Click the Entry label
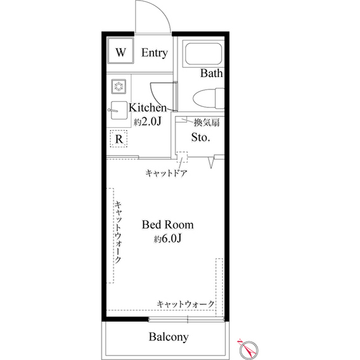click(154, 53)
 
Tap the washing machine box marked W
click(120, 52)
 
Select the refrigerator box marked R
click(119, 138)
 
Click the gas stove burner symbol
click(119, 86)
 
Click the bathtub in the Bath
click(203, 55)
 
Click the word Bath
click(211, 73)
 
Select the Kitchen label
click(148, 107)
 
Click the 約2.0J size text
click(148, 121)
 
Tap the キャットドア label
click(166, 173)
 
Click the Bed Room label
click(168, 224)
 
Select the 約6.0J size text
click(168, 238)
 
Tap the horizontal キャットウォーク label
click(186, 304)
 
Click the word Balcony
click(168, 337)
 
